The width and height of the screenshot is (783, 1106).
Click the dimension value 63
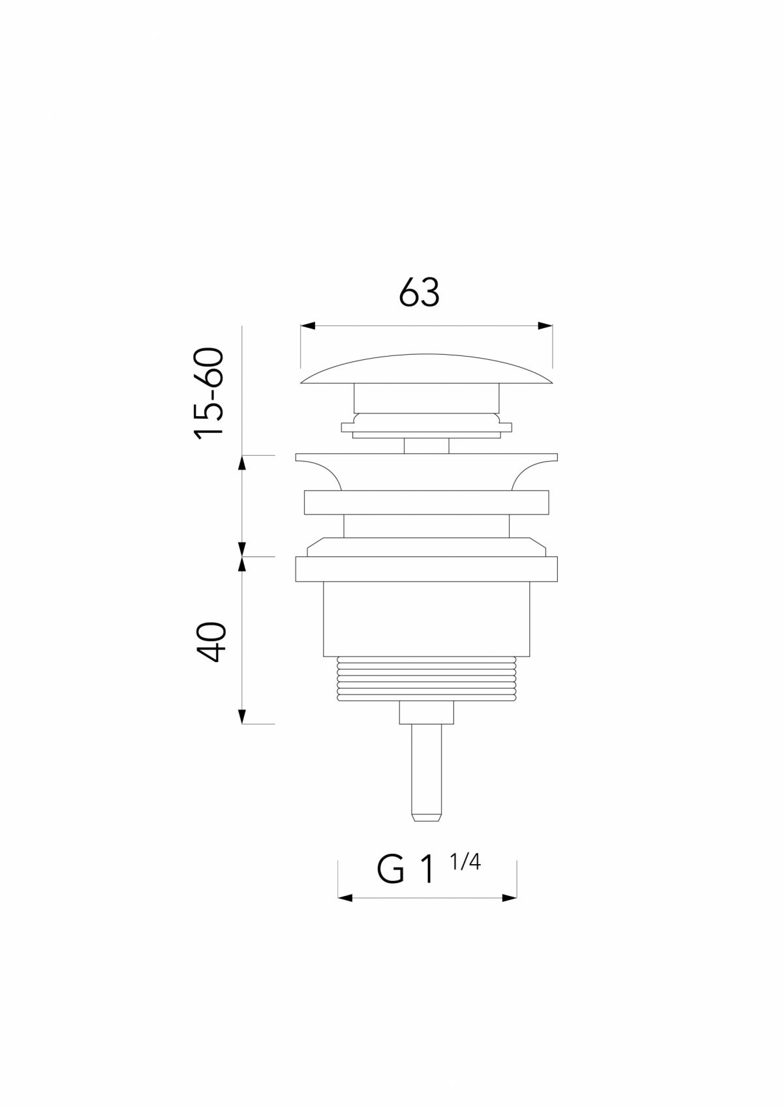[419, 293]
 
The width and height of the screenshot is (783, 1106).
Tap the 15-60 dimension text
[209, 394]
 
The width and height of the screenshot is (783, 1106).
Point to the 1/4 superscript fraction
[465, 862]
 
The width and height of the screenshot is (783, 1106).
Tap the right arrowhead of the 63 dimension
[545, 325]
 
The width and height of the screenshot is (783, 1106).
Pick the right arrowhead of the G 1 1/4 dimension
[510, 898]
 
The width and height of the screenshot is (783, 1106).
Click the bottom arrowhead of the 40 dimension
[242, 716]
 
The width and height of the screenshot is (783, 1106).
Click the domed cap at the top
[427, 370]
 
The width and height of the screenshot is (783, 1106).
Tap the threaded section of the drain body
[427, 680]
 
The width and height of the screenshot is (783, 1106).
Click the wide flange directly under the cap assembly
[427, 458]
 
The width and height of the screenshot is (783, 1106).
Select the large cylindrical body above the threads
[427, 618]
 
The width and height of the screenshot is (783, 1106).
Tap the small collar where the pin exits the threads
[427, 713]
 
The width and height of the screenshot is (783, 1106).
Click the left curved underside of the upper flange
[323, 471]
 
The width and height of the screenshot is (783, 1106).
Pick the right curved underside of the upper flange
[530, 471]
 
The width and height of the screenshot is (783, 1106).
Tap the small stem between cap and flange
[427, 446]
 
